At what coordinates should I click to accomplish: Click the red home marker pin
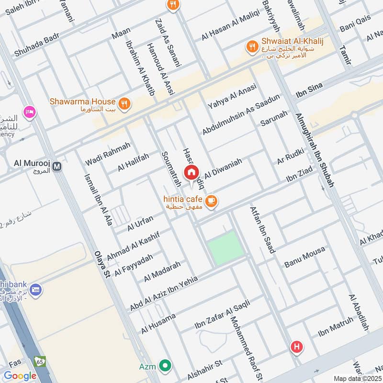(191, 172)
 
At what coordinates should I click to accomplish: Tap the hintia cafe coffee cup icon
(211, 201)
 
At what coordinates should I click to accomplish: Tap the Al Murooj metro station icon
(57, 167)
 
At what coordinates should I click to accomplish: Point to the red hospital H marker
(297, 347)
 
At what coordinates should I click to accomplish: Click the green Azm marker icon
(165, 366)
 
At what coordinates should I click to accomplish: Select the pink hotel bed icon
(30, 112)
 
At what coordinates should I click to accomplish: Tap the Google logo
(20, 376)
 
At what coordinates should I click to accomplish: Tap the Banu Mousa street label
(304, 257)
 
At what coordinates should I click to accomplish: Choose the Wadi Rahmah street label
(108, 154)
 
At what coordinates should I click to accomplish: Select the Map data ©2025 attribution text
(357, 378)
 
